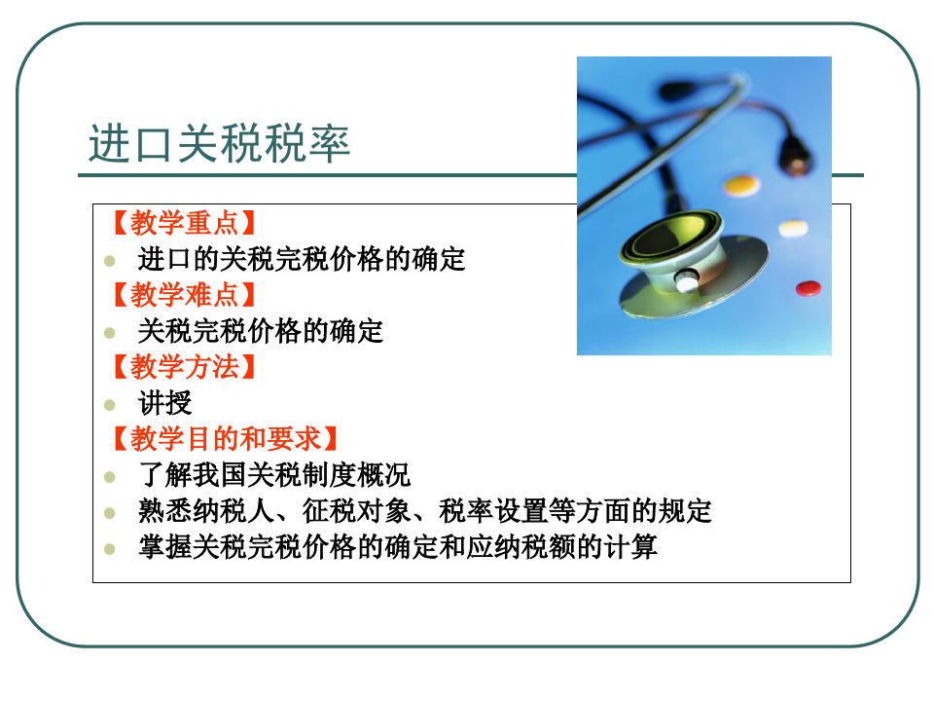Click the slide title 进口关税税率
tap(219, 144)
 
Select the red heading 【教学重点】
tap(184, 223)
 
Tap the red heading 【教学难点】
tap(184, 294)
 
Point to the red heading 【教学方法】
tap(184, 367)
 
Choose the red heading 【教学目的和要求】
tap(225, 439)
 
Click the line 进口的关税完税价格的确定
tap(302, 259)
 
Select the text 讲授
tap(165, 403)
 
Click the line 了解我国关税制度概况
tap(274, 475)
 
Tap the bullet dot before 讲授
tap(110, 405)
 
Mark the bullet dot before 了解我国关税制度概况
tap(110, 477)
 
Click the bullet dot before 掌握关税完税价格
tap(110, 549)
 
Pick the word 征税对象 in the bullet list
tap(356, 511)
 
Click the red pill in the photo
tap(808, 288)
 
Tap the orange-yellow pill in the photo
tap(741, 184)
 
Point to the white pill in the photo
tap(793, 228)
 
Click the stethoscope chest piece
tap(691, 264)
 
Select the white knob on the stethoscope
tap(687, 280)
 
